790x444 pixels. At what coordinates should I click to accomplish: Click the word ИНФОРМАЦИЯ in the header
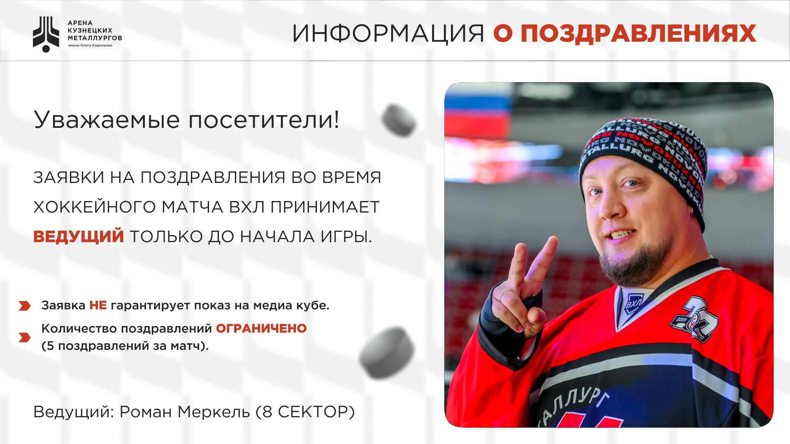click(x=388, y=34)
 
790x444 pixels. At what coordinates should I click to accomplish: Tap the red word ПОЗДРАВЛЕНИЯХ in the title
click(x=639, y=34)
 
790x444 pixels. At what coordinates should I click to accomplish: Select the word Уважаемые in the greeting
click(x=107, y=120)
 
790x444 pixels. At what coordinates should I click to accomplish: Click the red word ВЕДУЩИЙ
click(x=79, y=236)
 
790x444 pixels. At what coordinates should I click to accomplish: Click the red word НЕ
click(x=98, y=305)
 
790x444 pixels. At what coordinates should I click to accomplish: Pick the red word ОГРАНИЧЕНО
click(x=261, y=328)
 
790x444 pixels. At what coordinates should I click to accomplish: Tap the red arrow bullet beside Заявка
click(x=25, y=306)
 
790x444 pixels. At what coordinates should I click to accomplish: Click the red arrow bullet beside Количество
click(x=25, y=338)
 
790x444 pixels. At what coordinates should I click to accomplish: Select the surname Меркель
click(x=214, y=412)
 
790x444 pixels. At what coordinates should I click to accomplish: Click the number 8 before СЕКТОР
click(x=267, y=412)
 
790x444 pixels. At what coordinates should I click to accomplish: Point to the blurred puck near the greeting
click(x=399, y=120)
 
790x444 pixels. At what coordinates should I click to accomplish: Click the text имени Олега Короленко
click(x=90, y=46)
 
